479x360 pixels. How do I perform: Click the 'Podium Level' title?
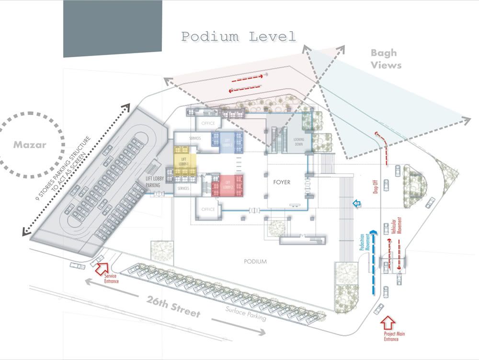click(239, 36)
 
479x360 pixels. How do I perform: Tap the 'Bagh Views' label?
click(386, 59)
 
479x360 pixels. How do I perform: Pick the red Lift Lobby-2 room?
click(228, 186)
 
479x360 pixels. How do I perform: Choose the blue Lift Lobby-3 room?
click(228, 142)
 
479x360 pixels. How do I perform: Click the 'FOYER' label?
click(282, 182)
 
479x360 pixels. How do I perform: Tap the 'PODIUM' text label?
click(254, 262)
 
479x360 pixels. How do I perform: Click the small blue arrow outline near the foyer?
click(356, 204)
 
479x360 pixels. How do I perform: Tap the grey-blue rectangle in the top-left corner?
click(113, 27)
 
